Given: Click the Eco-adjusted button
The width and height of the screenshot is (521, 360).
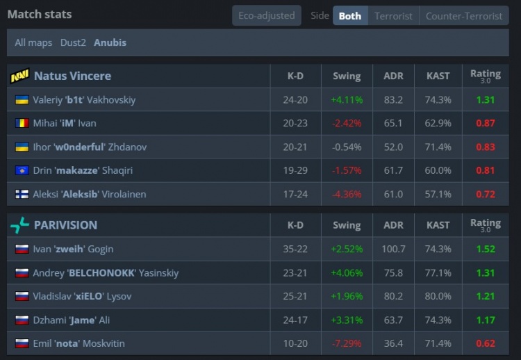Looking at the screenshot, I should pyautogui.click(x=267, y=15).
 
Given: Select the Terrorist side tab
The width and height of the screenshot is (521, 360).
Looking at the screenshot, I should pyautogui.click(x=393, y=15).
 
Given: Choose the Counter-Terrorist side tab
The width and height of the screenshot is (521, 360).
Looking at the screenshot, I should pyautogui.click(x=464, y=15).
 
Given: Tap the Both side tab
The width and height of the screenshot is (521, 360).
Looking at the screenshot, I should pyautogui.click(x=350, y=15).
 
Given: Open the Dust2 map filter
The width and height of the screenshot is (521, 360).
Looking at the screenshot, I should pyautogui.click(x=73, y=42).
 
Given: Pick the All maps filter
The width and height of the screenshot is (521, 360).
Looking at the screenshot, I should pyautogui.click(x=33, y=42).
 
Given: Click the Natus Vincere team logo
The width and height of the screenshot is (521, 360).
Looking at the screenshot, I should pyautogui.click(x=19, y=76).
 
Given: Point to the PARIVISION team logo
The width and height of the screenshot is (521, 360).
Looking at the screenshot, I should pyautogui.click(x=19, y=225).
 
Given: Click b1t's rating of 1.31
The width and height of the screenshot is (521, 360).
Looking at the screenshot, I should pyautogui.click(x=486, y=99).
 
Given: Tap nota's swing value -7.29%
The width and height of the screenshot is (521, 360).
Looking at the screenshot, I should pyautogui.click(x=347, y=343).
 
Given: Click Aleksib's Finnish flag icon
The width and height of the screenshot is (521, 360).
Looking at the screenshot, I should pyautogui.click(x=22, y=194).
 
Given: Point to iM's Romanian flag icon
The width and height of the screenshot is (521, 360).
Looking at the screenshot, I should pyautogui.click(x=22, y=123).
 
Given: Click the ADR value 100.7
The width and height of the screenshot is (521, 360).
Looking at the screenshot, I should pyautogui.click(x=393, y=249).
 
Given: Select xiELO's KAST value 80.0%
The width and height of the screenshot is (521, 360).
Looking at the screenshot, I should pyautogui.click(x=438, y=296).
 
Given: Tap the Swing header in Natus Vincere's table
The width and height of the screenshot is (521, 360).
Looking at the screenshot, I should pyautogui.click(x=347, y=76).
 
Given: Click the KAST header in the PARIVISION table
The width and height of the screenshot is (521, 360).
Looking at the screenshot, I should pyautogui.click(x=438, y=225).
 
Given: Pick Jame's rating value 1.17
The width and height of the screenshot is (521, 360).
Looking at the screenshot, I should pyautogui.click(x=486, y=320).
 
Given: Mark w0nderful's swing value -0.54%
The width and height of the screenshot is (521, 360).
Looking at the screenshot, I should pyautogui.click(x=347, y=147).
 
